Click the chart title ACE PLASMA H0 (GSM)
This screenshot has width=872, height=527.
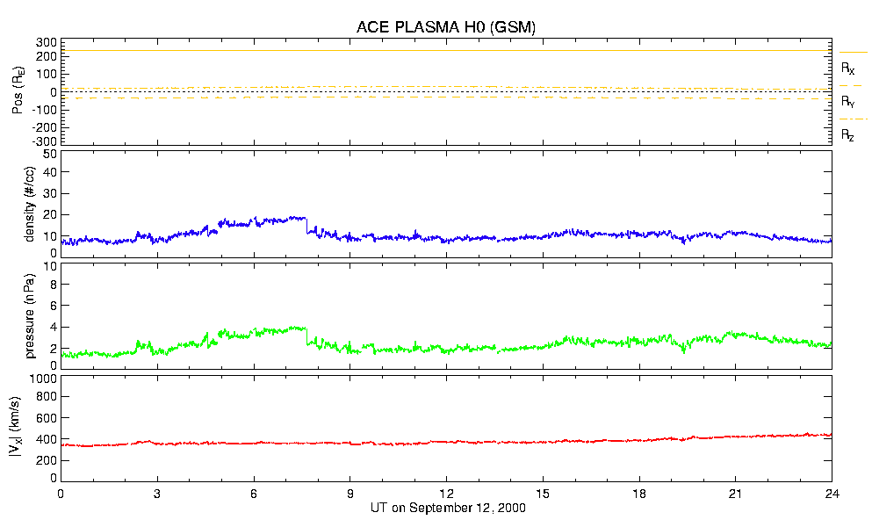(446, 27)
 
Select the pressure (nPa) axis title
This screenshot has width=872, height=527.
(30, 314)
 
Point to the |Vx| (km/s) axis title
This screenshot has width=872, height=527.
(30, 428)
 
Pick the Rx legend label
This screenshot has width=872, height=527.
(848, 68)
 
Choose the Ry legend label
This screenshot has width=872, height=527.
(848, 102)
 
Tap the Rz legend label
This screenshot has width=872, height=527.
(848, 135)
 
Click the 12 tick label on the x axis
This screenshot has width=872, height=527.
(446, 493)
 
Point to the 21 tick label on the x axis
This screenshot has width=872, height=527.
(735, 493)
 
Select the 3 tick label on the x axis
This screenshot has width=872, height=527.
(157, 493)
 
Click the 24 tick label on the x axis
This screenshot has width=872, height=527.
(832, 493)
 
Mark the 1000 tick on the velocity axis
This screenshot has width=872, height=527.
(44, 379)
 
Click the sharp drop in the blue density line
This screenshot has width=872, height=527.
(306, 226)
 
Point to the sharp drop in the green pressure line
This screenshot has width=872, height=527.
(306, 336)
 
